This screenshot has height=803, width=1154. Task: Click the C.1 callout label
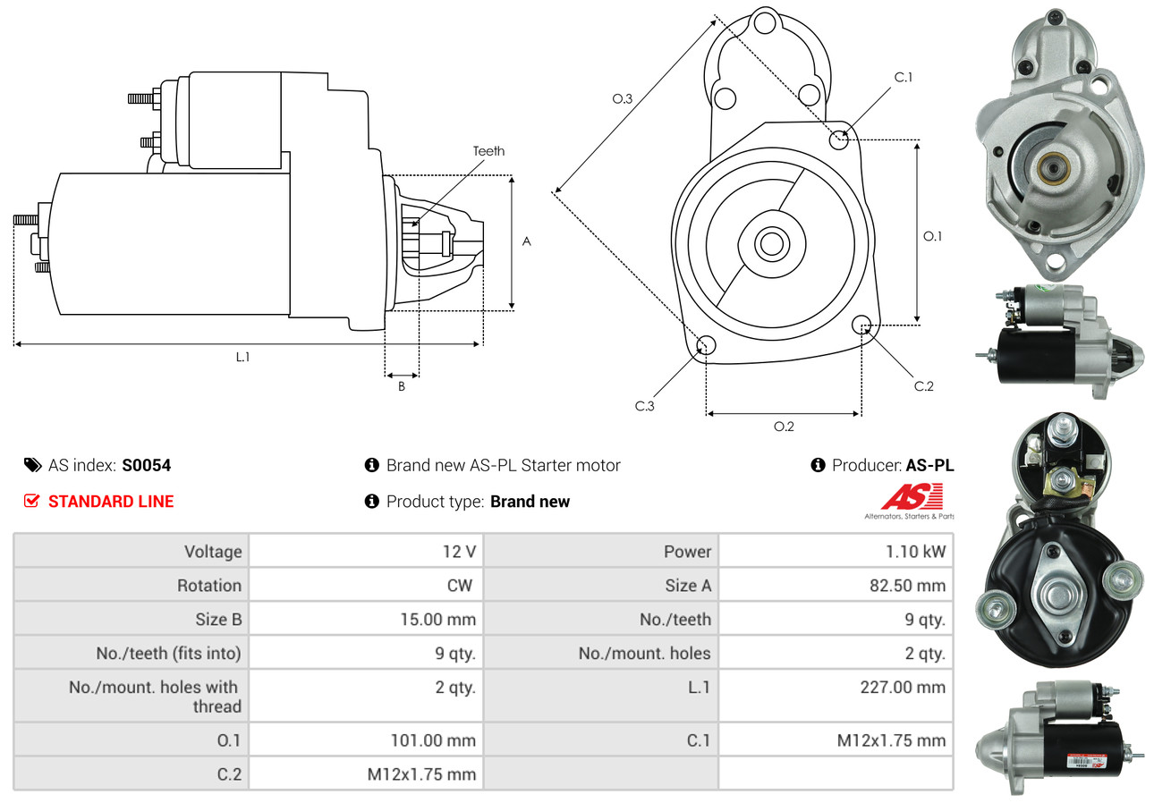pyautogui.click(x=903, y=77)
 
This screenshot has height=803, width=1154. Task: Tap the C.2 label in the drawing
pyautogui.click(x=923, y=386)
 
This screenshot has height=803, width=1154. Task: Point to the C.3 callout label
pyautogui.click(x=645, y=406)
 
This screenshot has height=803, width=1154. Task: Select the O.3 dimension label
pyautogui.click(x=622, y=99)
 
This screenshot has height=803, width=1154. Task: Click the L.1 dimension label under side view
pyautogui.click(x=242, y=357)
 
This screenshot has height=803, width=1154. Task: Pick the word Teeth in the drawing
pyautogui.click(x=488, y=151)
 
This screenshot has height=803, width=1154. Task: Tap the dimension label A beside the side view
pyautogui.click(x=526, y=241)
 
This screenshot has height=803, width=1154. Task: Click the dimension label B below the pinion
pyautogui.click(x=402, y=386)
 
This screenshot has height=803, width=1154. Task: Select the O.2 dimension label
pyautogui.click(x=784, y=427)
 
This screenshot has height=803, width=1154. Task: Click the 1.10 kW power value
pyautogui.click(x=915, y=551)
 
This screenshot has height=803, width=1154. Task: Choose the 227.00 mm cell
pyautogui.click(x=905, y=687)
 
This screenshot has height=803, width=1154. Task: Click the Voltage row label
pyautogui.click(x=213, y=551)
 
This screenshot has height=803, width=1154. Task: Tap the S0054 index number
pyautogui.click(x=147, y=465)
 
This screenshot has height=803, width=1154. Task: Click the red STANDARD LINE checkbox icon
pyautogui.click(x=31, y=501)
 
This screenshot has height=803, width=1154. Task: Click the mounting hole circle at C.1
pyautogui.click(x=839, y=139)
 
